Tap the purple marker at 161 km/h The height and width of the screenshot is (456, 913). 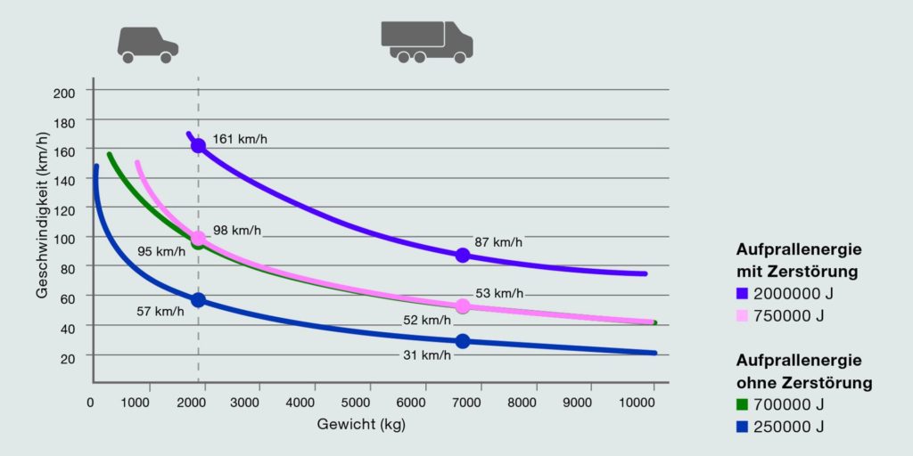tap(198, 146)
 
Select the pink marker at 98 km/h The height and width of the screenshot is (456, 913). tap(198, 238)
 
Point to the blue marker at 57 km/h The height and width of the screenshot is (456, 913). tap(198, 300)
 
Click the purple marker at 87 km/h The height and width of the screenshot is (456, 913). tap(462, 256)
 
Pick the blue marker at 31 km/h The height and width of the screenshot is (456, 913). tap(462, 341)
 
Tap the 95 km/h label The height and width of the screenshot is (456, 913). tap(161, 251)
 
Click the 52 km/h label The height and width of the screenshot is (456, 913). tap(427, 320)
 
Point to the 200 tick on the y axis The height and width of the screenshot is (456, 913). tap(66, 91)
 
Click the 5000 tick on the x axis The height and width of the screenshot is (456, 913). tap(368, 402)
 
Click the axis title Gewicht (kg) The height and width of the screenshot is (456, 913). tap(362, 425)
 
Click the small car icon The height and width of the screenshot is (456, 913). tap(147, 44)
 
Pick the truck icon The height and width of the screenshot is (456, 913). tap(426, 41)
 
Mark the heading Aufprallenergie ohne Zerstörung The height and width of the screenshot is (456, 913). tap(803, 371)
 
